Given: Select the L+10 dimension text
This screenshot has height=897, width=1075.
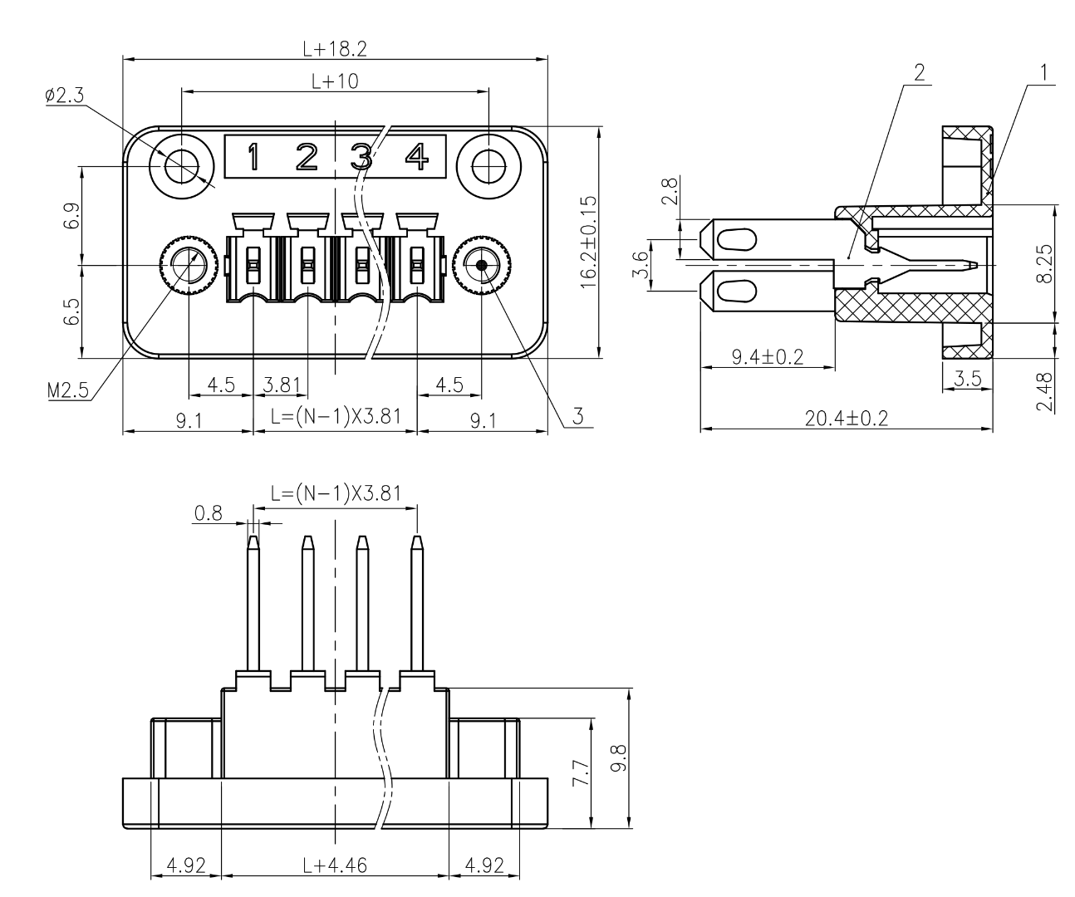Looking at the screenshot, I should tap(335, 81).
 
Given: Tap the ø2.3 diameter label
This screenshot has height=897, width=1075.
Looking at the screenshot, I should tap(65, 96).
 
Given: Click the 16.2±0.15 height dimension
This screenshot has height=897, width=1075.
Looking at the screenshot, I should tap(589, 242).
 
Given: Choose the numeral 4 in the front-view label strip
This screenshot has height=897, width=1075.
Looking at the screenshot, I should tap(415, 156).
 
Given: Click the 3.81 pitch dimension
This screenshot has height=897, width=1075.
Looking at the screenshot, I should tap(281, 385).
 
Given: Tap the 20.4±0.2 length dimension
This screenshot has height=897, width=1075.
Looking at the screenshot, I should tap(846, 418).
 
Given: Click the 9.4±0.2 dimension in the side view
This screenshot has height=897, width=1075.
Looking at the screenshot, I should tap(767, 356).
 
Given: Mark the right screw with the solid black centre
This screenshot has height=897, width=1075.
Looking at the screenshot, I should tap(481, 266).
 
